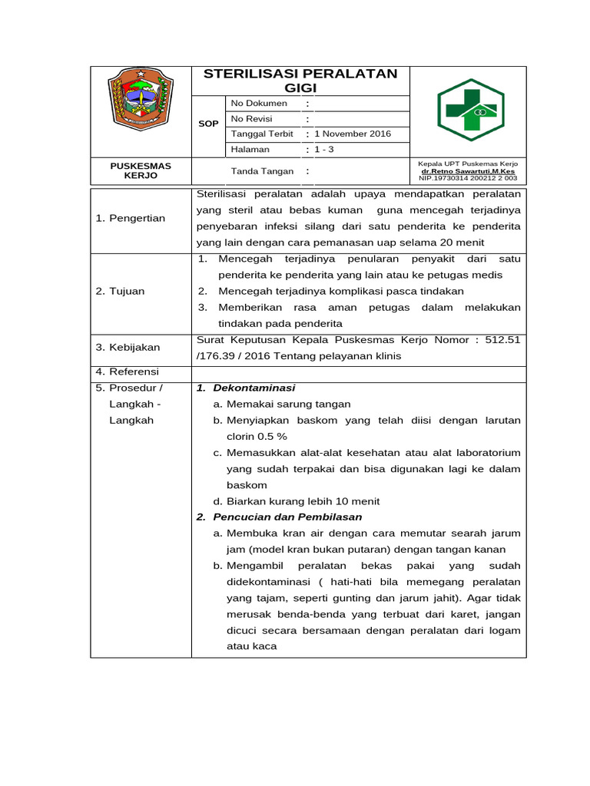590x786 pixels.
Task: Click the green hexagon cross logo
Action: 470,111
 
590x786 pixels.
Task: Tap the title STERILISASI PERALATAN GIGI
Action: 300,81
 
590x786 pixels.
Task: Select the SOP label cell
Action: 208,124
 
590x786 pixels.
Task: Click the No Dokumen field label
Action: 259,103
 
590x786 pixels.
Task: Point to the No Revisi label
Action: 252,119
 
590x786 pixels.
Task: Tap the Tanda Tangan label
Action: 257,172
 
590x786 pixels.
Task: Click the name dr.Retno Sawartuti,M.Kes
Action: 468,171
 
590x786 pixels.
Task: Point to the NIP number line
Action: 468,178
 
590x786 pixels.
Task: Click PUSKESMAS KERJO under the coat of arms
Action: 141,170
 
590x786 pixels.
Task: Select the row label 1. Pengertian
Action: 131,218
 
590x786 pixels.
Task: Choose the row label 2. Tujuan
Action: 120,291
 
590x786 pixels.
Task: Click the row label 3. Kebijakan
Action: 128,348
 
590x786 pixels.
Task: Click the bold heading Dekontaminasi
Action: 254,388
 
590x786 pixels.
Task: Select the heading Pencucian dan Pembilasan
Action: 287,517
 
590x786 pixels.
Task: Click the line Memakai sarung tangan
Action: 288,404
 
